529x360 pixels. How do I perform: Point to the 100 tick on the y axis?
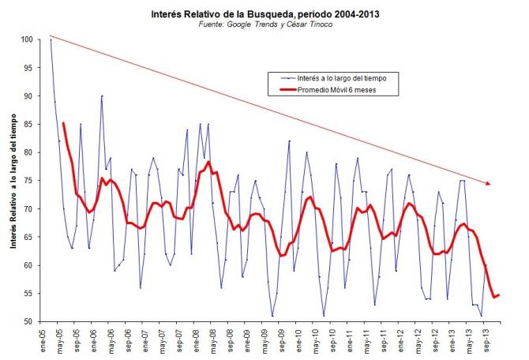(x=27, y=39)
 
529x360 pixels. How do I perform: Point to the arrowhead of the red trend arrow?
(x=490, y=183)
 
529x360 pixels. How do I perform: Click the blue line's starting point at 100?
(x=51, y=39)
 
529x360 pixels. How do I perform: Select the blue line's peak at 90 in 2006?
(x=102, y=96)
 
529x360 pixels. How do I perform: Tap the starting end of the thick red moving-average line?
(x=63, y=123)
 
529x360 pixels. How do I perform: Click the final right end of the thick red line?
(x=499, y=295)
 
